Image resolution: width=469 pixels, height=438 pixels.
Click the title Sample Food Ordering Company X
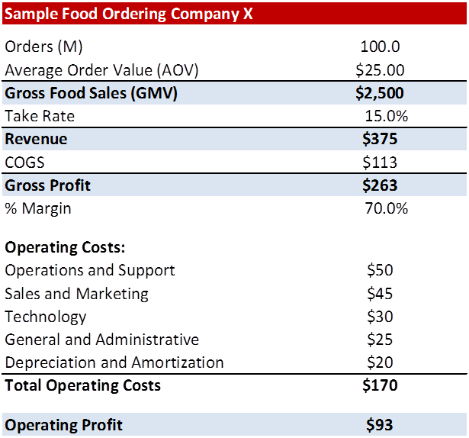coord(130,13)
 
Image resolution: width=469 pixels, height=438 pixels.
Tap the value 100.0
coord(380,47)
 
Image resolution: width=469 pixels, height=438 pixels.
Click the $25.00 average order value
coord(380,70)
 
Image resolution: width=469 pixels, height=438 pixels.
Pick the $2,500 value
coord(380,93)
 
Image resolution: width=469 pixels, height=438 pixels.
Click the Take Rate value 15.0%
coord(386,117)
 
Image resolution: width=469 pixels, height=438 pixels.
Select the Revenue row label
coord(36,139)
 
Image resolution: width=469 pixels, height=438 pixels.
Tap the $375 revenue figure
coord(380,139)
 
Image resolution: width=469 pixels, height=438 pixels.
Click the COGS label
coord(24,163)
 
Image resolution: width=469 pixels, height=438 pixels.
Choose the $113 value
coord(380,163)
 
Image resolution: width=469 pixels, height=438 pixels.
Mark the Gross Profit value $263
coord(380,185)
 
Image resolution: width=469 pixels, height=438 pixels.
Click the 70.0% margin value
coord(386,208)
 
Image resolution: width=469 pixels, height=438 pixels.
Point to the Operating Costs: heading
coord(65,248)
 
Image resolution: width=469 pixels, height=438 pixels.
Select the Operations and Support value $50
coord(380,271)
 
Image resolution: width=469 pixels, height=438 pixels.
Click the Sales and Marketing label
coord(76,294)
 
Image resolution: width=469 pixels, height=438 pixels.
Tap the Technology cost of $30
coord(380,317)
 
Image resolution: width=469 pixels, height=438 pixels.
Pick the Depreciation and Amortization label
coord(114,362)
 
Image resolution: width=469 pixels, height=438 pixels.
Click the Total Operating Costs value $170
coord(380,385)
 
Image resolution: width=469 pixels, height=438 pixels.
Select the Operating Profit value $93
coord(380,425)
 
